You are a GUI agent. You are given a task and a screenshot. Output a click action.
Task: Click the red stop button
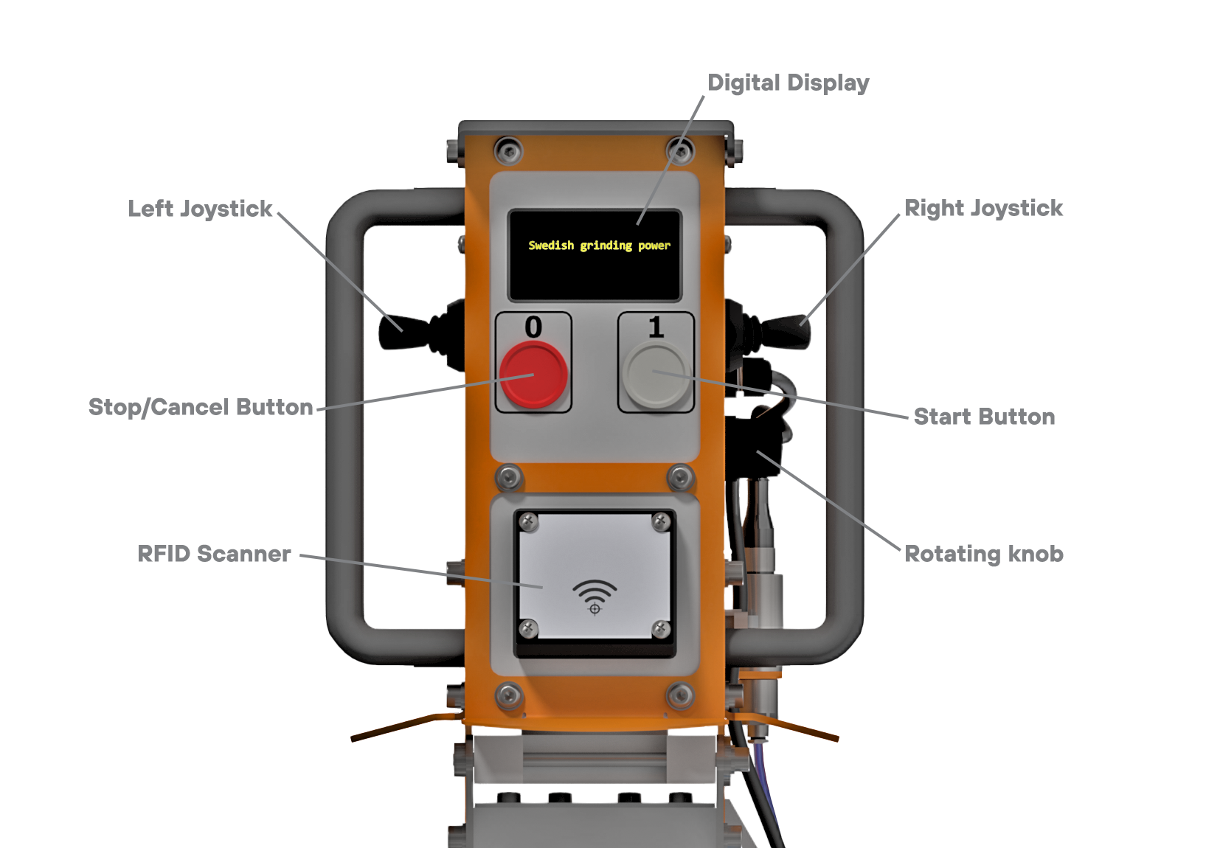[533, 375]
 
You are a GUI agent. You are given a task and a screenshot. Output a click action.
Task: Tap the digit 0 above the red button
[533, 327]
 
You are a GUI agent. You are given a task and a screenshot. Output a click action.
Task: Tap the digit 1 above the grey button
[656, 327]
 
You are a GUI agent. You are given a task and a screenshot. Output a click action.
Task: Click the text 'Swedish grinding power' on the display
[599, 246]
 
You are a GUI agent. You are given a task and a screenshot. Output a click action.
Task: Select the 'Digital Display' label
[788, 83]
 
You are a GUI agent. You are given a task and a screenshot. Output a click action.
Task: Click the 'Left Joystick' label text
[200, 209]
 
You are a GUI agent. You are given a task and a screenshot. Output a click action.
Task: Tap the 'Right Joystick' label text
[983, 209]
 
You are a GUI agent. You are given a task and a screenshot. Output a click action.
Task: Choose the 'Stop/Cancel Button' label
[201, 407]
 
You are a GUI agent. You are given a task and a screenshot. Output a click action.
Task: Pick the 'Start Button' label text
[984, 417]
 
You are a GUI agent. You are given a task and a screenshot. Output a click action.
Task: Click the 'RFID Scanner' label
[214, 554]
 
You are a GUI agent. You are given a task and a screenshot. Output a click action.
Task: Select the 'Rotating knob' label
[984, 554]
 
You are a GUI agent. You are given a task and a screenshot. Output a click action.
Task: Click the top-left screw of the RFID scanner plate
[529, 523]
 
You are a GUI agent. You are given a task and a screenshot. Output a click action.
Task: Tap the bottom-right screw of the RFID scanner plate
[661, 629]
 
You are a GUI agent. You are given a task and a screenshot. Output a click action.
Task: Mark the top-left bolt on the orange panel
[508, 150]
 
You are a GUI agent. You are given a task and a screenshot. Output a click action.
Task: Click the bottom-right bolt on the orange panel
[680, 695]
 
